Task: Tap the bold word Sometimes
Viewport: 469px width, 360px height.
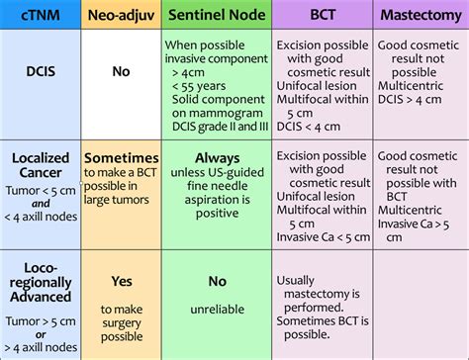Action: [x=120, y=158]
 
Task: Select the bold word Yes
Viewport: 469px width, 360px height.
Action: [x=120, y=282]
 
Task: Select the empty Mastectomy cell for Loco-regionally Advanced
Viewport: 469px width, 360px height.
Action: [x=419, y=302]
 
